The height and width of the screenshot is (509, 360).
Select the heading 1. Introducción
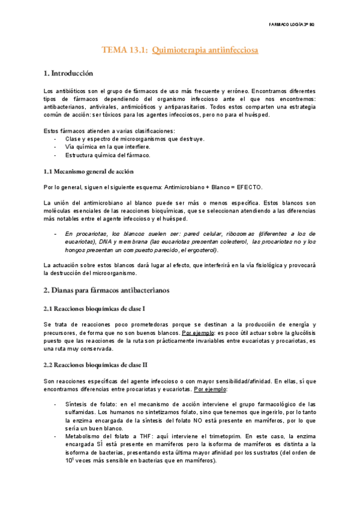(x=68, y=74)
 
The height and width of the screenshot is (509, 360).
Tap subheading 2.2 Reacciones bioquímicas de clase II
(x=96, y=364)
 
